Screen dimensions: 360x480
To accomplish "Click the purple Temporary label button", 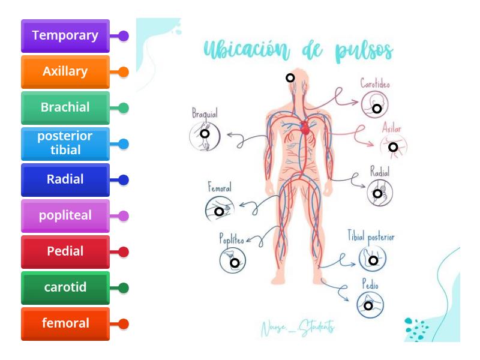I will click(x=65, y=36).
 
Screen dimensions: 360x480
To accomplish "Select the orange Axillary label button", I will click(x=65, y=72).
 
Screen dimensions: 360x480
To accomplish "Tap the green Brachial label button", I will click(x=65, y=108).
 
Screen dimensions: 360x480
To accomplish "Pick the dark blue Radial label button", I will click(x=65, y=179).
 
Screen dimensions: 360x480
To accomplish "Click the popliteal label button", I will click(x=65, y=215).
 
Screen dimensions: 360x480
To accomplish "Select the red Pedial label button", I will click(x=65, y=251).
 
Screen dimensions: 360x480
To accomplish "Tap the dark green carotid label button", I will click(x=65, y=287).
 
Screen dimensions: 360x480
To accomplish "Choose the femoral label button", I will click(x=65, y=323).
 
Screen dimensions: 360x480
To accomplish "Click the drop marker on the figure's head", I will click(x=290, y=77).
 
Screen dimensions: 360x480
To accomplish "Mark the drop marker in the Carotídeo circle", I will click(x=377, y=109).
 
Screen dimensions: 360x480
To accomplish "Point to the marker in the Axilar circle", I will click(x=393, y=147).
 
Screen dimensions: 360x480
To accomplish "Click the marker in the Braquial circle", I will click(x=205, y=133).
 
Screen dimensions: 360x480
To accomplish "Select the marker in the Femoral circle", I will click(x=219, y=212).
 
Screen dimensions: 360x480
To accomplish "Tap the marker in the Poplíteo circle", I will click(x=235, y=262).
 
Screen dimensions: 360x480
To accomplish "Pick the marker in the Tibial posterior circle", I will click(x=373, y=260).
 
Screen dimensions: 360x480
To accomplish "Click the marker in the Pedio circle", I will click(x=368, y=305).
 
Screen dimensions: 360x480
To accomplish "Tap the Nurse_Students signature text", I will click(x=298, y=328).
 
